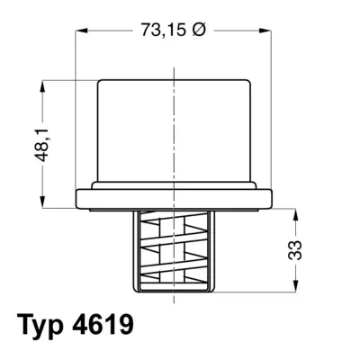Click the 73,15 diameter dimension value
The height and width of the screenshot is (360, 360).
click(164, 30)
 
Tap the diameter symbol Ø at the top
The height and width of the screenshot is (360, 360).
click(198, 30)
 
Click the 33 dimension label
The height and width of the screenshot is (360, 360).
click(294, 249)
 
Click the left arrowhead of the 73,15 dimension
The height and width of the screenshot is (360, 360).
click(81, 31)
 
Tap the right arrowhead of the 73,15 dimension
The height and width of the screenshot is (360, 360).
click(265, 31)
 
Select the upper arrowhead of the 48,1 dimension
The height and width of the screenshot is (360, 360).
click(43, 86)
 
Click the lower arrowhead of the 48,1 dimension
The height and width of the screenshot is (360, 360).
click(43, 202)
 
